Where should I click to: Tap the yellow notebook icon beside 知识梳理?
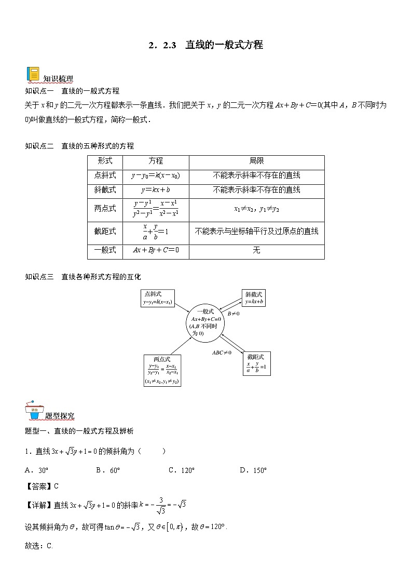(33, 74)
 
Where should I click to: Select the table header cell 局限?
(256, 161)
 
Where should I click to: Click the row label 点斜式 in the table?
(105, 176)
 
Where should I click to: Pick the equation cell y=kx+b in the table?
(156, 190)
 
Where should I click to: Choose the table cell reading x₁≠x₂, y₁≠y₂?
(256, 209)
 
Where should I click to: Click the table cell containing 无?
(256, 250)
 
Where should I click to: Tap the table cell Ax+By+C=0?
(156, 250)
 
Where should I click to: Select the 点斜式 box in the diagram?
(158, 298)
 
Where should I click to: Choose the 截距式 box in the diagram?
(256, 364)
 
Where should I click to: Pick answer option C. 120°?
(182, 470)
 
